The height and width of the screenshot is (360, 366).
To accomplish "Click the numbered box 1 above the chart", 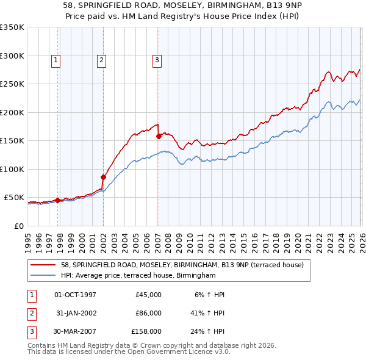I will (56, 60).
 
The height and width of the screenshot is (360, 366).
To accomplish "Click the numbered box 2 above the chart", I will (101, 60).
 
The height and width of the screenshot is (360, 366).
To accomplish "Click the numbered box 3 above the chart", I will (157, 60).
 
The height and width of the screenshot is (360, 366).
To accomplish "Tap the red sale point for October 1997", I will (57, 200).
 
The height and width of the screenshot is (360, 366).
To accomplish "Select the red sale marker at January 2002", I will (103, 177).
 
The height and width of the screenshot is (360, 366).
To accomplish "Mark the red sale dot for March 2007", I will (159, 136).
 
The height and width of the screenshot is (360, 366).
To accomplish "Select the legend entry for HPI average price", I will (138, 276).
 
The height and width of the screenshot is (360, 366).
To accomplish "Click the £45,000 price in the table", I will (148, 294).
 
